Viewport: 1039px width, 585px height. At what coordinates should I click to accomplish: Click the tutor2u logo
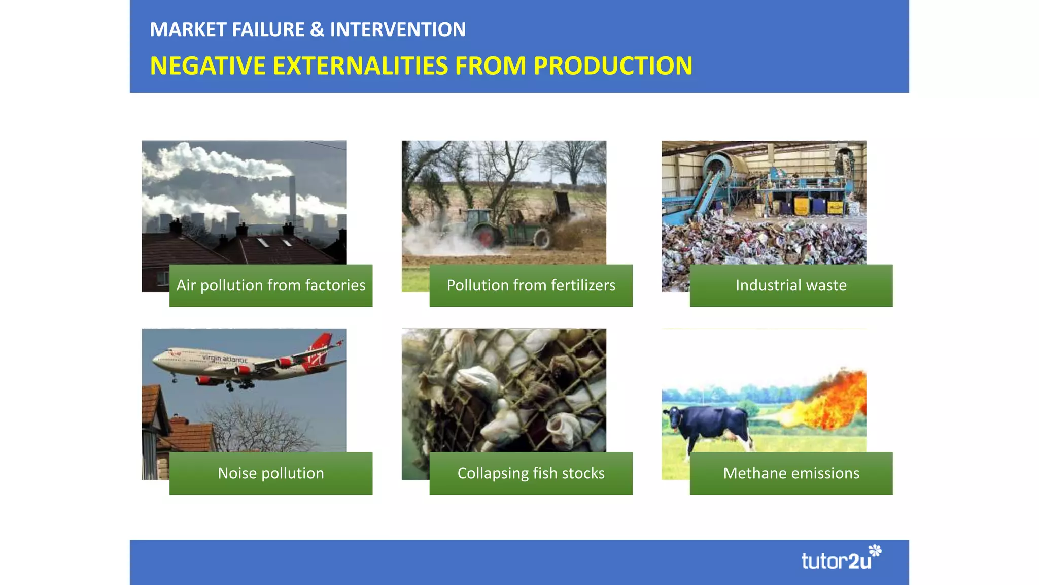837,561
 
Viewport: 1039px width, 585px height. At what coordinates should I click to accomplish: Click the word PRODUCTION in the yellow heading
613,66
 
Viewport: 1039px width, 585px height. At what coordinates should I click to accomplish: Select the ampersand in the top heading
317,29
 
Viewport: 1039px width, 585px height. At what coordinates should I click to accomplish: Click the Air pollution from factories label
270,285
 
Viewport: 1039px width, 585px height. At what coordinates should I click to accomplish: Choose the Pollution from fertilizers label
531,285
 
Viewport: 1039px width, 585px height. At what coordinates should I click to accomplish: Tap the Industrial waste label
791,285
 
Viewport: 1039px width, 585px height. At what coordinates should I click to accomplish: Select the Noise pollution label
270,473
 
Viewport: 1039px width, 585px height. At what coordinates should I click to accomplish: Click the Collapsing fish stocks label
531,473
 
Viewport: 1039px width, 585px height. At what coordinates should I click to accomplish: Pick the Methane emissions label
791,473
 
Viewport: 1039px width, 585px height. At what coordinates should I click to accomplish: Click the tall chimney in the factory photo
292,198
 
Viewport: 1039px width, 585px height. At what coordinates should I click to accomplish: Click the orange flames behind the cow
837,401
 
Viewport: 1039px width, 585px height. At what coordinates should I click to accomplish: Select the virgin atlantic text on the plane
225,359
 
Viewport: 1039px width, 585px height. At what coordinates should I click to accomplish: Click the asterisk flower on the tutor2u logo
875,550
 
